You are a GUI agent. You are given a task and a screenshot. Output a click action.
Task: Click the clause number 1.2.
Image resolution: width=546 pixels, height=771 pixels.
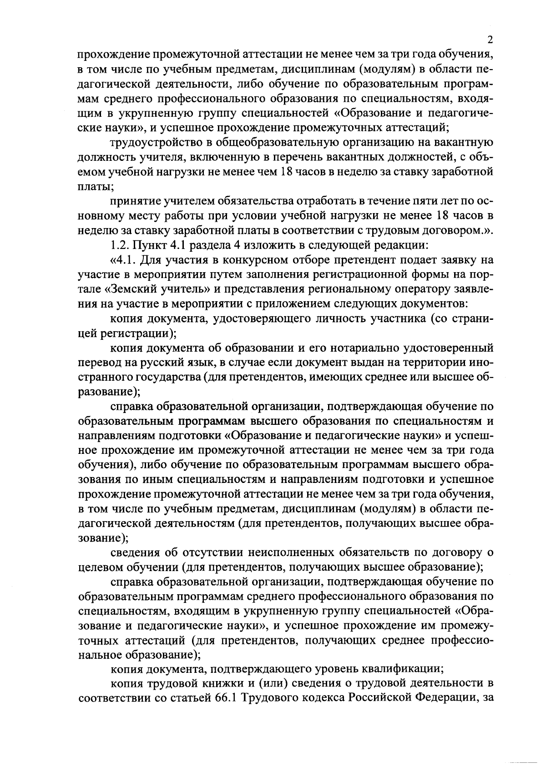click(x=119, y=245)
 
